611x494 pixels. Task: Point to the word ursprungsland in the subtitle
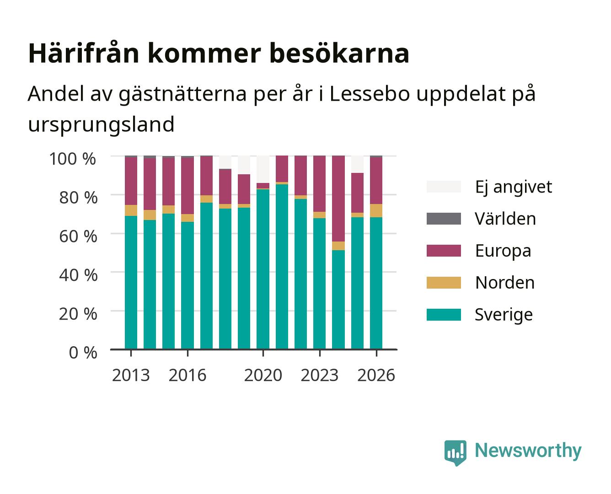pyautogui.click(x=101, y=125)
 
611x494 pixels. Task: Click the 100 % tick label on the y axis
pyautogui.click(x=72, y=159)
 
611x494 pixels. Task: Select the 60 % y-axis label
pyautogui.click(x=78, y=236)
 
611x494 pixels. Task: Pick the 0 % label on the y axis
pyautogui.click(x=83, y=353)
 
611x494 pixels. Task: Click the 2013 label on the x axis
pyautogui.click(x=131, y=375)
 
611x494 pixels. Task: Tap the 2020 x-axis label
pyautogui.click(x=263, y=375)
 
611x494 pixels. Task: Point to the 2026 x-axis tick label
pyautogui.click(x=376, y=375)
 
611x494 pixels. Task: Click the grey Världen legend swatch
pyautogui.click(x=444, y=219)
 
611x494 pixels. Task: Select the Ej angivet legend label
pyautogui.click(x=514, y=187)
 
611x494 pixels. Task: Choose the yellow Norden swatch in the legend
pyautogui.click(x=444, y=283)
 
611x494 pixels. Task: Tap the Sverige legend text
pyautogui.click(x=504, y=315)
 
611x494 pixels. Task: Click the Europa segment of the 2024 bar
pyautogui.click(x=338, y=199)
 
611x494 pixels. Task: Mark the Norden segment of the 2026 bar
pyautogui.click(x=376, y=210)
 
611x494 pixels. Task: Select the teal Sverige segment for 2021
pyautogui.click(x=282, y=267)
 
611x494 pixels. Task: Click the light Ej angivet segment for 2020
pyautogui.click(x=263, y=169)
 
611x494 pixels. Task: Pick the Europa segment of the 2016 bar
pyautogui.click(x=188, y=186)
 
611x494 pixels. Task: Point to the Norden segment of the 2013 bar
pyautogui.click(x=131, y=210)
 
